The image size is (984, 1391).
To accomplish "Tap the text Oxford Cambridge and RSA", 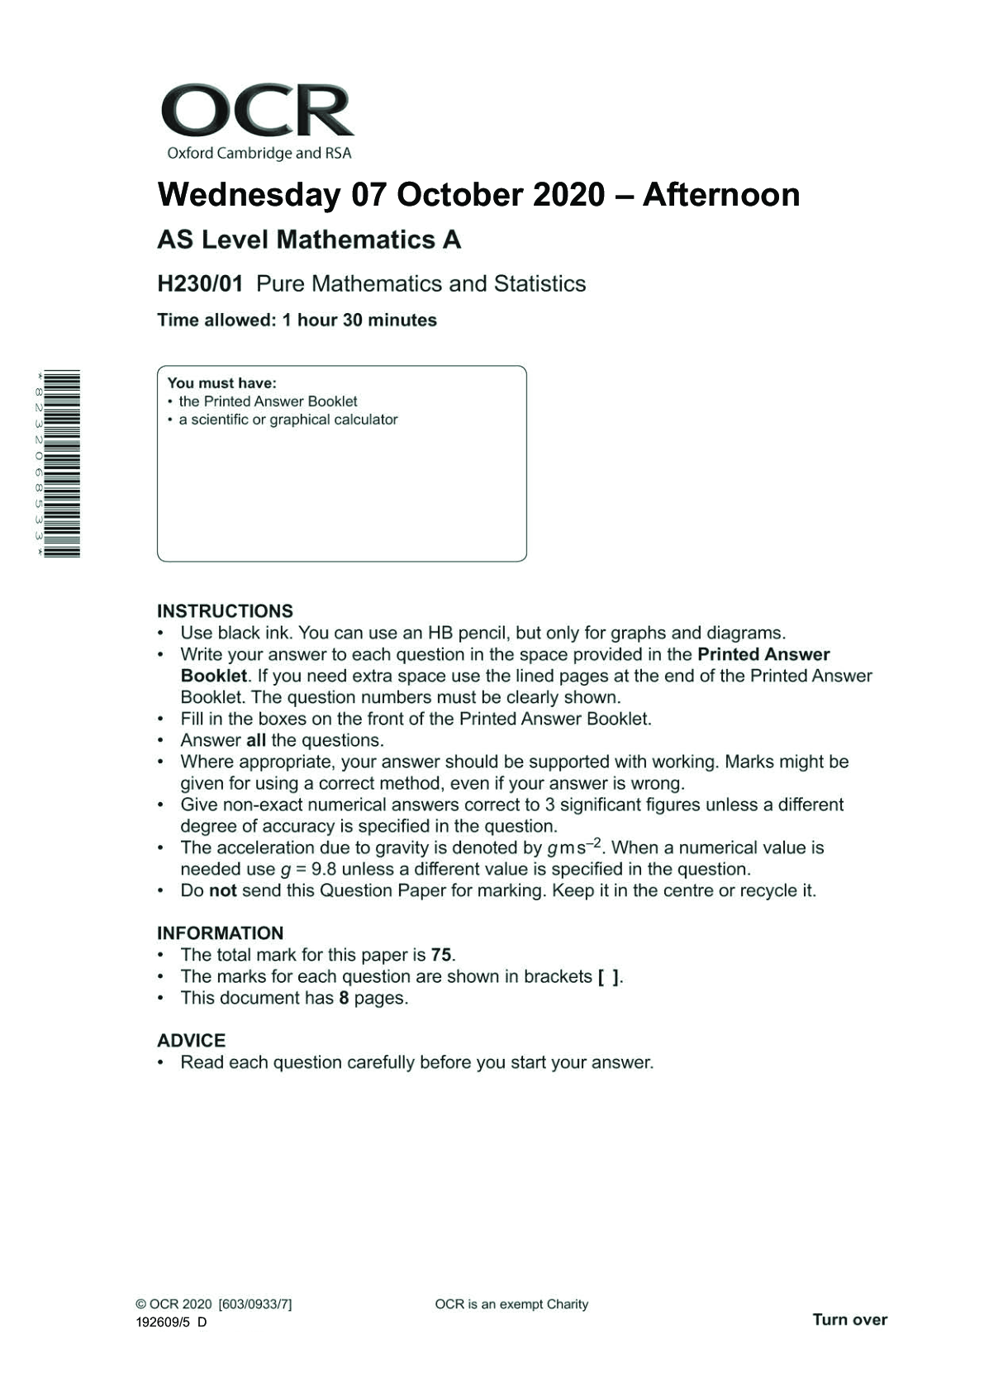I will tap(259, 153).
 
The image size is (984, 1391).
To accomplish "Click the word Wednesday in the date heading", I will tap(249, 195).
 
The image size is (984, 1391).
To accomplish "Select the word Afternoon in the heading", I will tap(720, 195).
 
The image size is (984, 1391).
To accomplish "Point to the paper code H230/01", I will tap(200, 284).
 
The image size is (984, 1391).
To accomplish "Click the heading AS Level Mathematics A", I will tap(309, 240).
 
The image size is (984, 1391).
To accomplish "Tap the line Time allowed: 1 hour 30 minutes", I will tap(297, 320).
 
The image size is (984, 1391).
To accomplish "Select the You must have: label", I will tap(221, 383).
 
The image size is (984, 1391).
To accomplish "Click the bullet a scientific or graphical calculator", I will tap(288, 420).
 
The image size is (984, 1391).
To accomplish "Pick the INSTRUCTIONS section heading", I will tap(225, 611).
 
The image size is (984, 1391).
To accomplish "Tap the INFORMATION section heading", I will tap(220, 933).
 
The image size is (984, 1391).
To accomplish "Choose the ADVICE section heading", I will tap(191, 1041).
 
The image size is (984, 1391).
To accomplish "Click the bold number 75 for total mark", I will tap(441, 955).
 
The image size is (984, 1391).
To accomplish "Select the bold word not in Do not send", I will tap(222, 890).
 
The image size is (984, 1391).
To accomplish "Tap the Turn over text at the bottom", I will tap(849, 1319).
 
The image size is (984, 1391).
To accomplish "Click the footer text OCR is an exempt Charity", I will tap(511, 1304).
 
